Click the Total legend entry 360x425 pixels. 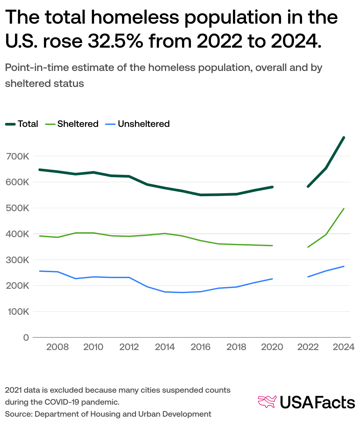pyautogui.click(x=22, y=124)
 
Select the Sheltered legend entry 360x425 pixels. pyautogui.click(x=72, y=124)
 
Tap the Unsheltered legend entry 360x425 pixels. pyautogui.click(x=137, y=124)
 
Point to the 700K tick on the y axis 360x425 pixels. pyautogui.click(x=17, y=156)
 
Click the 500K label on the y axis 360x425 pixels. pyautogui.click(x=17, y=208)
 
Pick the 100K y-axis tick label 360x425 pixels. pyautogui.click(x=17, y=312)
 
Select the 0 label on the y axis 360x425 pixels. pyautogui.click(x=26, y=338)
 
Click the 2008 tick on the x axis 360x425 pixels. pyautogui.click(x=57, y=347)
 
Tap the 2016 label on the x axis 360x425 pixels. pyautogui.click(x=200, y=347)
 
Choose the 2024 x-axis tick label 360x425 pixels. pyautogui.click(x=343, y=347)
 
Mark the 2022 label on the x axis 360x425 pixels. pyautogui.click(x=308, y=347)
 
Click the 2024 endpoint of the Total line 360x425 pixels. pyautogui.click(x=344, y=138)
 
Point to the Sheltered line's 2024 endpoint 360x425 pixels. pyautogui.click(x=344, y=209)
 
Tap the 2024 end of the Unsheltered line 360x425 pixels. pyautogui.click(x=344, y=266)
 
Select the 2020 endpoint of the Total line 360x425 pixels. pyautogui.click(x=272, y=187)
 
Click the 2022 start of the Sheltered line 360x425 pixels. pyautogui.click(x=308, y=247)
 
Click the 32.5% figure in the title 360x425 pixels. pyautogui.click(x=116, y=41)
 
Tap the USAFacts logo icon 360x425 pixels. pyautogui.click(x=267, y=402)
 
